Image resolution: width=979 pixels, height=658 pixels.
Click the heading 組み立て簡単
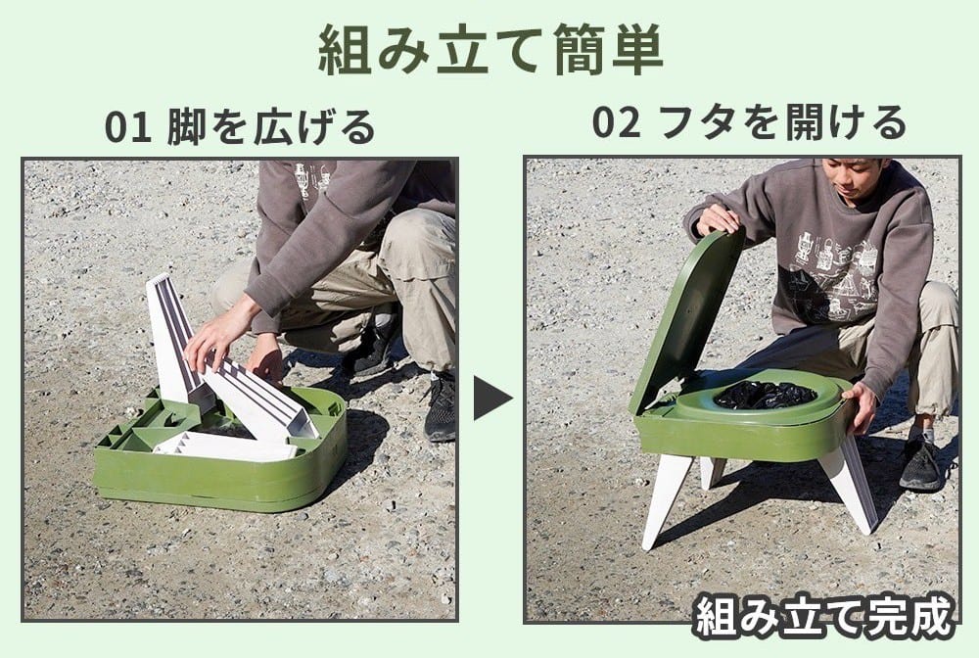(x=490, y=51)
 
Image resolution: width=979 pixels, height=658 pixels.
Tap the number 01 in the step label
(x=128, y=126)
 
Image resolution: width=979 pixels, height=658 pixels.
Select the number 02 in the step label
(x=616, y=122)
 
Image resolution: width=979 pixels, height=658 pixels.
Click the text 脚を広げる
(x=271, y=126)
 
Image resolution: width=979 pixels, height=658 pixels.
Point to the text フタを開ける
(x=783, y=122)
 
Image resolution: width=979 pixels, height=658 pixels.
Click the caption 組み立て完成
(x=825, y=618)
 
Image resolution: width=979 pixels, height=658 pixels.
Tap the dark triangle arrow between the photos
(x=492, y=397)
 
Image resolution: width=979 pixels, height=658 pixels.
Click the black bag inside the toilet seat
(x=765, y=395)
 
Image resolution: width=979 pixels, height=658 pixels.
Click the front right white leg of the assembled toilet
(x=850, y=481)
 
